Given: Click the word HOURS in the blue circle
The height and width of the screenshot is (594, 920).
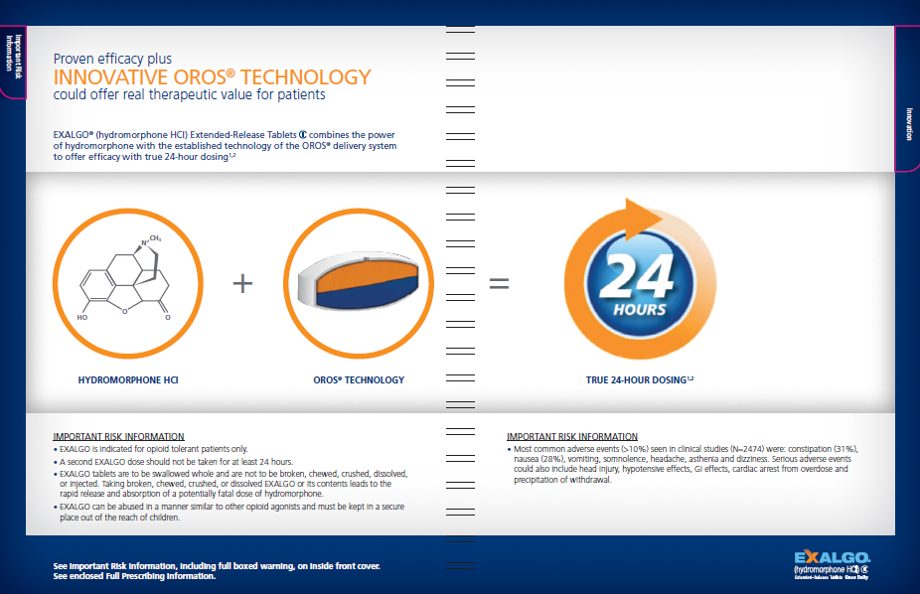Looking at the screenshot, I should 639,309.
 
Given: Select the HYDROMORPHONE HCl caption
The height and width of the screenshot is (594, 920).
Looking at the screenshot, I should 128,380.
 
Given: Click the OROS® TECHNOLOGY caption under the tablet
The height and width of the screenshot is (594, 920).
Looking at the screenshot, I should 358,380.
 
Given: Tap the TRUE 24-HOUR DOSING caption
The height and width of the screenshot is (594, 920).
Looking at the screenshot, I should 638,380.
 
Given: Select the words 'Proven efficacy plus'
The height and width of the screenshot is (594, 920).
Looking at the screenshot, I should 112,60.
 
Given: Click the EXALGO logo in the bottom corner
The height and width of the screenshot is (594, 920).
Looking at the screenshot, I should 832,558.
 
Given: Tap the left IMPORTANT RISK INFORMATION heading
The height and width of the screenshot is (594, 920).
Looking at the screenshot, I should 118,436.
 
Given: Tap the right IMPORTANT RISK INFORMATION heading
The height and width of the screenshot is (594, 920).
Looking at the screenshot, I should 572,436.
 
